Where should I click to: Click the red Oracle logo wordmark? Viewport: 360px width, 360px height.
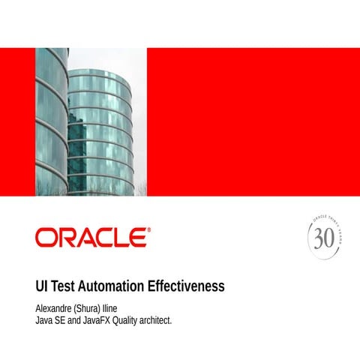(91, 238)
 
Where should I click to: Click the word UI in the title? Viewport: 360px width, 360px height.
(43, 286)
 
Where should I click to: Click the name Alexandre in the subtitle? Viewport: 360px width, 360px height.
(55, 308)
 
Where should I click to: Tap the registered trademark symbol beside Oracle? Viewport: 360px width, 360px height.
(148, 231)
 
